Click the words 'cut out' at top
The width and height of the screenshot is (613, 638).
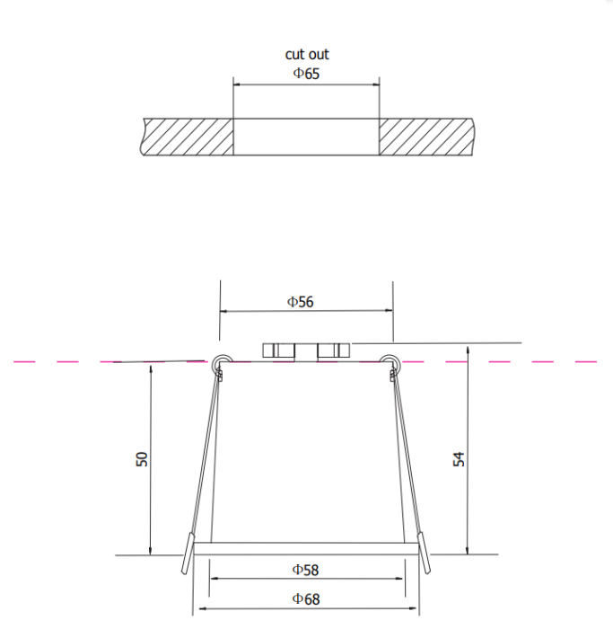click(307, 55)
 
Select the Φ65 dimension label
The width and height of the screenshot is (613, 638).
click(306, 73)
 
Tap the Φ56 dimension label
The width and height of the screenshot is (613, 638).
click(301, 302)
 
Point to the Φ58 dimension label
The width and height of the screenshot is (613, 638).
click(305, 569)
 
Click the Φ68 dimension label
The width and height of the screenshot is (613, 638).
click(305, 598)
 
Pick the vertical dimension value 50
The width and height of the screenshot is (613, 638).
click(142, 458)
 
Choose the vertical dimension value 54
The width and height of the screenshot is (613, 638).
click(459, 458)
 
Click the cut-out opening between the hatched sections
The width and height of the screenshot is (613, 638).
click(306, 137)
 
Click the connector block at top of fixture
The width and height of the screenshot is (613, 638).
click(305, 350)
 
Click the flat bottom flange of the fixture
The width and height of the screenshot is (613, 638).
click(306, 547)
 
